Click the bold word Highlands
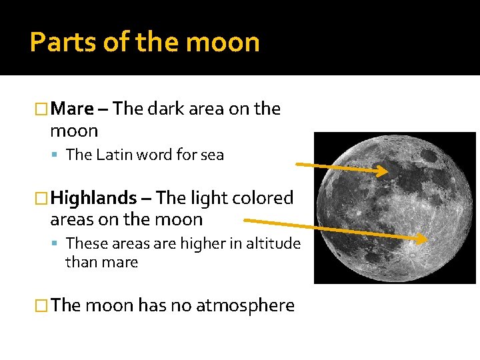94,198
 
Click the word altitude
274,244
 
